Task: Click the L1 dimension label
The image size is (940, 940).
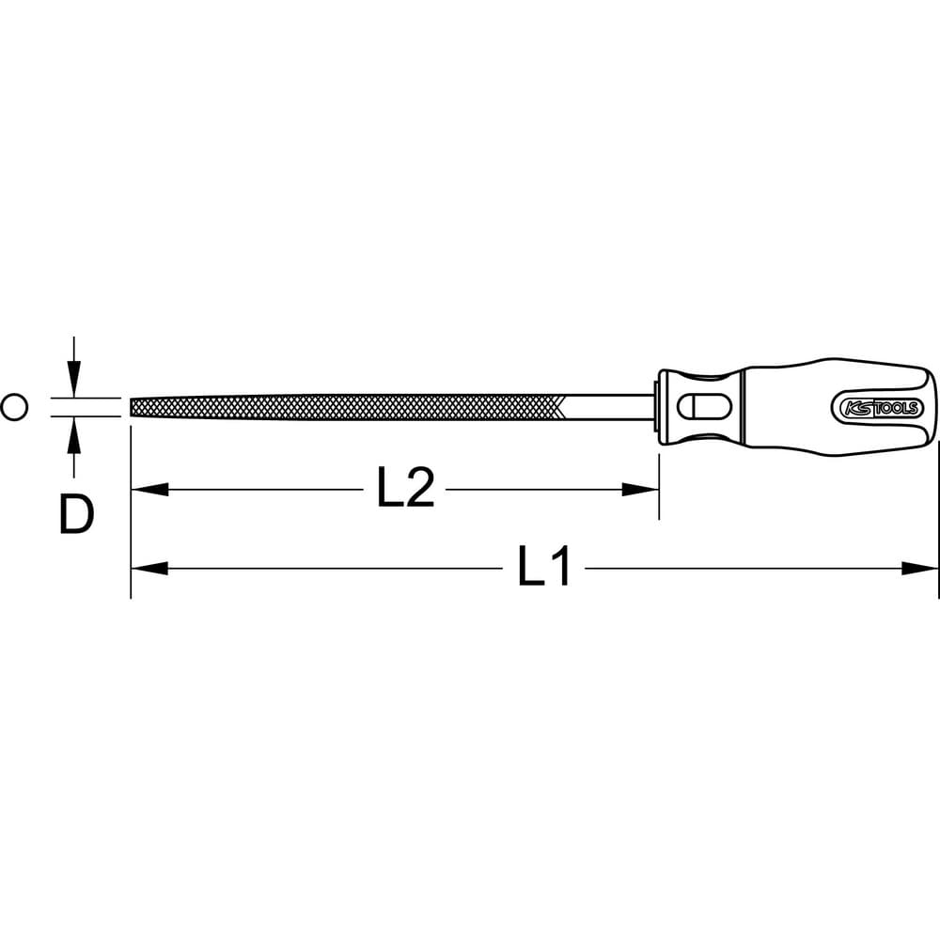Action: point(543,566)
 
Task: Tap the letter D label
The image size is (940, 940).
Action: point(77,514)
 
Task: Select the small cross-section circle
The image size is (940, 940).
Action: point(14,407)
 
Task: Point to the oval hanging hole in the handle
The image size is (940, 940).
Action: point(704,407)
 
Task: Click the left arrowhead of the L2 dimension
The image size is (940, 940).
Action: point(149,489)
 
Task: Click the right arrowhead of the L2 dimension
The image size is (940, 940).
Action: point(640,489)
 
